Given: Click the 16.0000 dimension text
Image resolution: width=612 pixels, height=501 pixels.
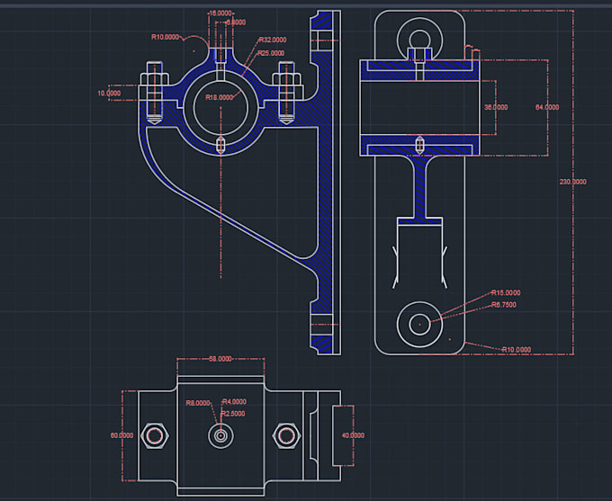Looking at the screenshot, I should (219, 13).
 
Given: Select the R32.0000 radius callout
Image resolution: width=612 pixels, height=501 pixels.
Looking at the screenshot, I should (273, 40).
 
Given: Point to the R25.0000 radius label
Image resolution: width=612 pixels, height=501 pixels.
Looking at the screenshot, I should (272, 53).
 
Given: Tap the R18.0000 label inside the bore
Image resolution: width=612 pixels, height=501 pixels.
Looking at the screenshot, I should (220, 97).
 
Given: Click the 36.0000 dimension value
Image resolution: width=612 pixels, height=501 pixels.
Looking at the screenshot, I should (496, 107).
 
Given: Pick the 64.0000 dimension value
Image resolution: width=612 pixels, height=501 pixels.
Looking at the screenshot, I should (547, 107).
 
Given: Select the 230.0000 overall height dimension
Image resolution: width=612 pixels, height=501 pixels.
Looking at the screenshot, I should (573, 182).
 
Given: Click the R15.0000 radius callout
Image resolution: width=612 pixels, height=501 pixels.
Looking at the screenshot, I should (506, 293).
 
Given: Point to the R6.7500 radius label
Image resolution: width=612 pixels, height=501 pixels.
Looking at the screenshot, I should (504, 305).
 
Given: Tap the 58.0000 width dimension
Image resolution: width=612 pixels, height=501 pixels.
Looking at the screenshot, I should (220, 359).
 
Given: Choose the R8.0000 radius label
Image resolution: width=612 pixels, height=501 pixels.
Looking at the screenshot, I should (198, 404).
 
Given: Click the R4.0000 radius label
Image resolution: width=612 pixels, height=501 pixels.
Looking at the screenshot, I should (234, 402).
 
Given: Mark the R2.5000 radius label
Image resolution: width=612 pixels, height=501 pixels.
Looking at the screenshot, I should (233, 414).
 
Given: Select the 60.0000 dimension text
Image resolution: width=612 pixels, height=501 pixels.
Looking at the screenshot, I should (121, 435).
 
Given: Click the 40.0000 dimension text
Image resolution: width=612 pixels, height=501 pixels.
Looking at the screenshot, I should (352, 435).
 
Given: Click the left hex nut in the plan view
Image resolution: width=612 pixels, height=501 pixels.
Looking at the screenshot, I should (156, 435).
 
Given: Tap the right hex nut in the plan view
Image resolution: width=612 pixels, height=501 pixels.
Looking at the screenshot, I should (287, 435).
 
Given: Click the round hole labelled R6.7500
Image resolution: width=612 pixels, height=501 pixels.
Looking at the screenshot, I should (420, 323).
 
